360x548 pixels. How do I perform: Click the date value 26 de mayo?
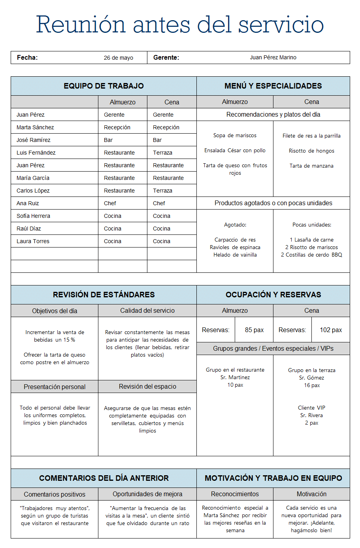(x=118, y=58)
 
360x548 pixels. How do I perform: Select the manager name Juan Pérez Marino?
(x=273, y=58)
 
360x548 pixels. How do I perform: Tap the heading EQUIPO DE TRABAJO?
(x=104, y=86)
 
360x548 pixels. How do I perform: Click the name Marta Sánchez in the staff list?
(x=35, y=127)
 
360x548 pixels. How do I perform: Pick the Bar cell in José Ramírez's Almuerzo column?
(x=108, y=140)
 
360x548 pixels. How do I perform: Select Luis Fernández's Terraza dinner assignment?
(x=162, y=153)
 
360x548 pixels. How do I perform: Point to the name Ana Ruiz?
(x=28, y=203)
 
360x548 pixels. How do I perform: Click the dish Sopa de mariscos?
(x=235, y=136)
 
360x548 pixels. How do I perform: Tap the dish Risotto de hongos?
(x=311, y=151)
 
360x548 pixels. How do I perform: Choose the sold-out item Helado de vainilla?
(x=235, y=255)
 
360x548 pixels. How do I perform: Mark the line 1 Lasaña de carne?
(x=311, y=240)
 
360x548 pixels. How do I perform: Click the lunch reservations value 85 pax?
(x=254, y=330)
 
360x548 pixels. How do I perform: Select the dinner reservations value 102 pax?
(x=331, y=330)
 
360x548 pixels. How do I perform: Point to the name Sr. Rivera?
(x=311, y=415)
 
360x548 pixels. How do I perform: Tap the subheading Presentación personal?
(x=55, y=387)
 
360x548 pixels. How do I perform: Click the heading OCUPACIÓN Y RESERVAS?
(x=273, y=295)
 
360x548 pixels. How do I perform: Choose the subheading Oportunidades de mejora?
(x=147, y=494)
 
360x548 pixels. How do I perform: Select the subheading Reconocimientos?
(x=235, y=494)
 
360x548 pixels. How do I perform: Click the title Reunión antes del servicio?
(x=180, y=25)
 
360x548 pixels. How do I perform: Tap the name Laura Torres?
(x=33, y=241)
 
